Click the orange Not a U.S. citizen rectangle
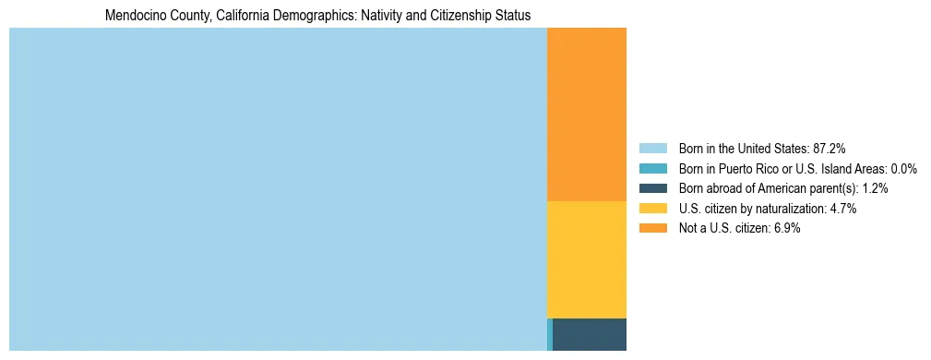click(x=587, y=114)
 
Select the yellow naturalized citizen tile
click(x=587, y=259)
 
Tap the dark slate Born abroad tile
click(x=590, y=334)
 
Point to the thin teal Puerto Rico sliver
click(x=550, y=334)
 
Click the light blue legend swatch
click(x=652, y=148)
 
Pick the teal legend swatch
click(x=652, y=168)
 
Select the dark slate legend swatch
click(x=652, y=188)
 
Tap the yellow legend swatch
click(x=652, y=209)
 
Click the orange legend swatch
click(x=652, y=228)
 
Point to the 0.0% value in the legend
click(x=903, y=168)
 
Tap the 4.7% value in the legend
click(x=844, y=209)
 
